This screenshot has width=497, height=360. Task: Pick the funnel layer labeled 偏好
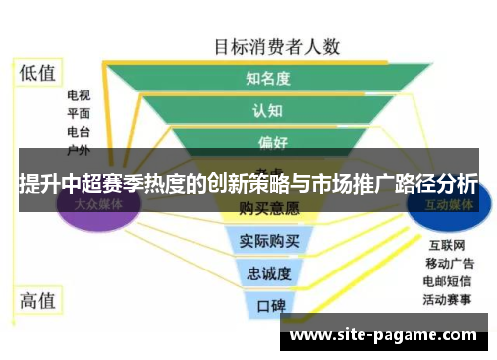[x=264, y=143]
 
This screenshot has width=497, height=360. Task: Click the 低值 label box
[x=38, y=73]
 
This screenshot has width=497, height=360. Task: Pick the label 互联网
[x=446, y=245]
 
